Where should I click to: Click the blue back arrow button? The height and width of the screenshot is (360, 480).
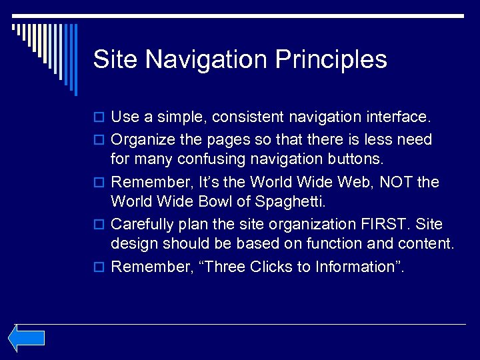click(27, 338)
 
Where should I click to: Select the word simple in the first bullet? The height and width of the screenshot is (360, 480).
click(184, 117)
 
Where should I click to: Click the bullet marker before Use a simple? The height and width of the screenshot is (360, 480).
click(100, 118)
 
